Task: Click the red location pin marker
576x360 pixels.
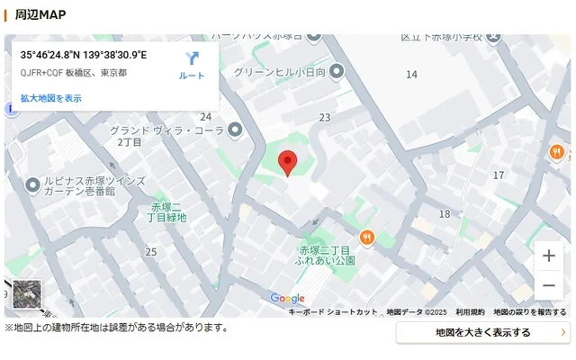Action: [x=288, y=163]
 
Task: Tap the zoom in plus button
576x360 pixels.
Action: [x=548, y=256]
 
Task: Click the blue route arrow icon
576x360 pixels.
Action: [x=192, y=59]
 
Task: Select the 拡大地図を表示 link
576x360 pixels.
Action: [x=51, y=98]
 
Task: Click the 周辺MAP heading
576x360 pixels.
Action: [x=40, y=14]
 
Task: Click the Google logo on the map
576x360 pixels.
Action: [x=287, y=299]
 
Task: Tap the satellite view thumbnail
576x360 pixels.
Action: [x=27, y=294]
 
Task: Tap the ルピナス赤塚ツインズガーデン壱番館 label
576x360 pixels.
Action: [x=85, y=186]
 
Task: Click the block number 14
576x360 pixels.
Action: [x=411, y=75]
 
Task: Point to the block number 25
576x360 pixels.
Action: [x=151, y=252]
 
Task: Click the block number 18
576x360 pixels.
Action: [x=444, y=214]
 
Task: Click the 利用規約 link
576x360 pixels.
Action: [x=470, y=312]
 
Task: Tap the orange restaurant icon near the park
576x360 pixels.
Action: [x=366, y=238]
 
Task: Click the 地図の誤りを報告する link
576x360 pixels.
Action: [x=529, y=312]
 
